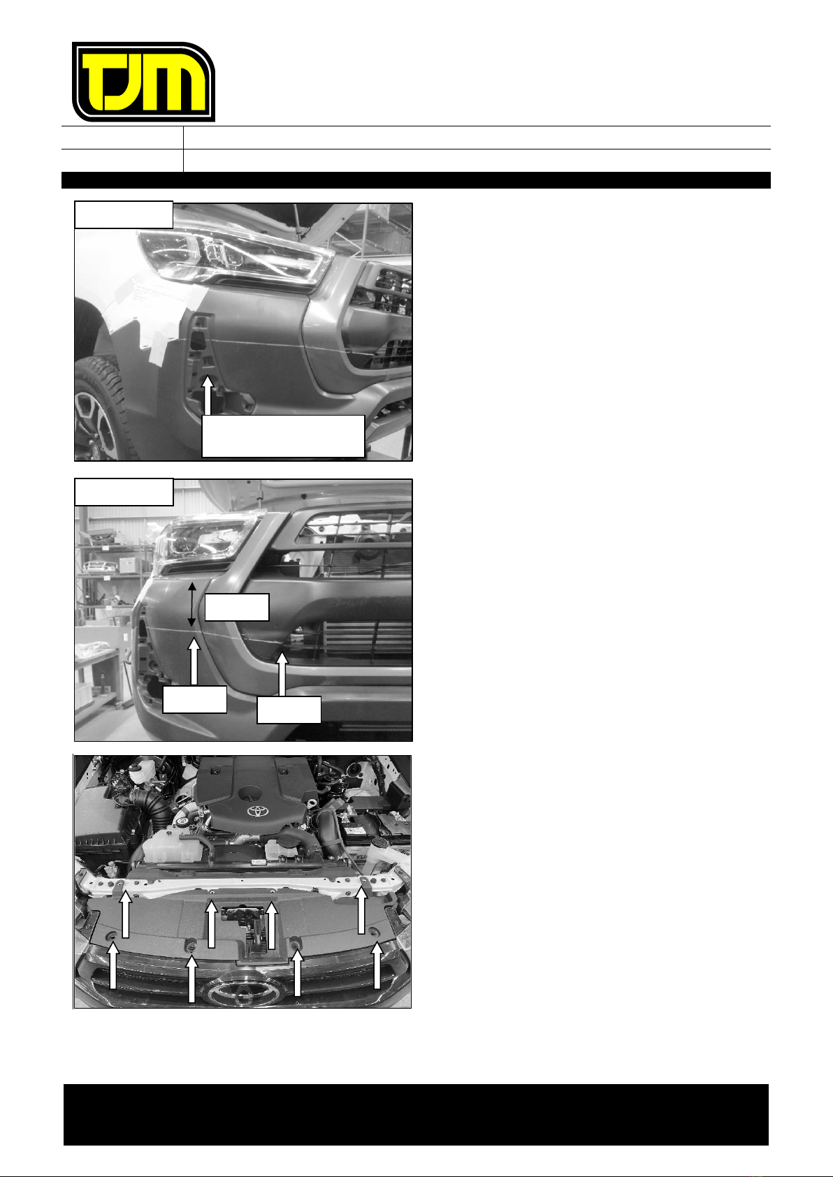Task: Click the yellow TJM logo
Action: click(x=143, y=82)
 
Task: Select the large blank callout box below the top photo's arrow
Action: click(x=283, y=436)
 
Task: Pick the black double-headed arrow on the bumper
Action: click(x=191, y=604)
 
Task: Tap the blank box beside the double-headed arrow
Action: click(x=237, y=608)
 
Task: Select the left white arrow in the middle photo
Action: click(x=194, y=661)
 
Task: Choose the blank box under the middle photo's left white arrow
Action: click(x=194, y=699)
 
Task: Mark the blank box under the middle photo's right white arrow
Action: click(x=289, y=710)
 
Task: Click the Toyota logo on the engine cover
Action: click(x=258, y=811)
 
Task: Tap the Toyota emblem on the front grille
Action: click(x=245, y=990)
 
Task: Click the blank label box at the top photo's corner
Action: click(x=124, y=214)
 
